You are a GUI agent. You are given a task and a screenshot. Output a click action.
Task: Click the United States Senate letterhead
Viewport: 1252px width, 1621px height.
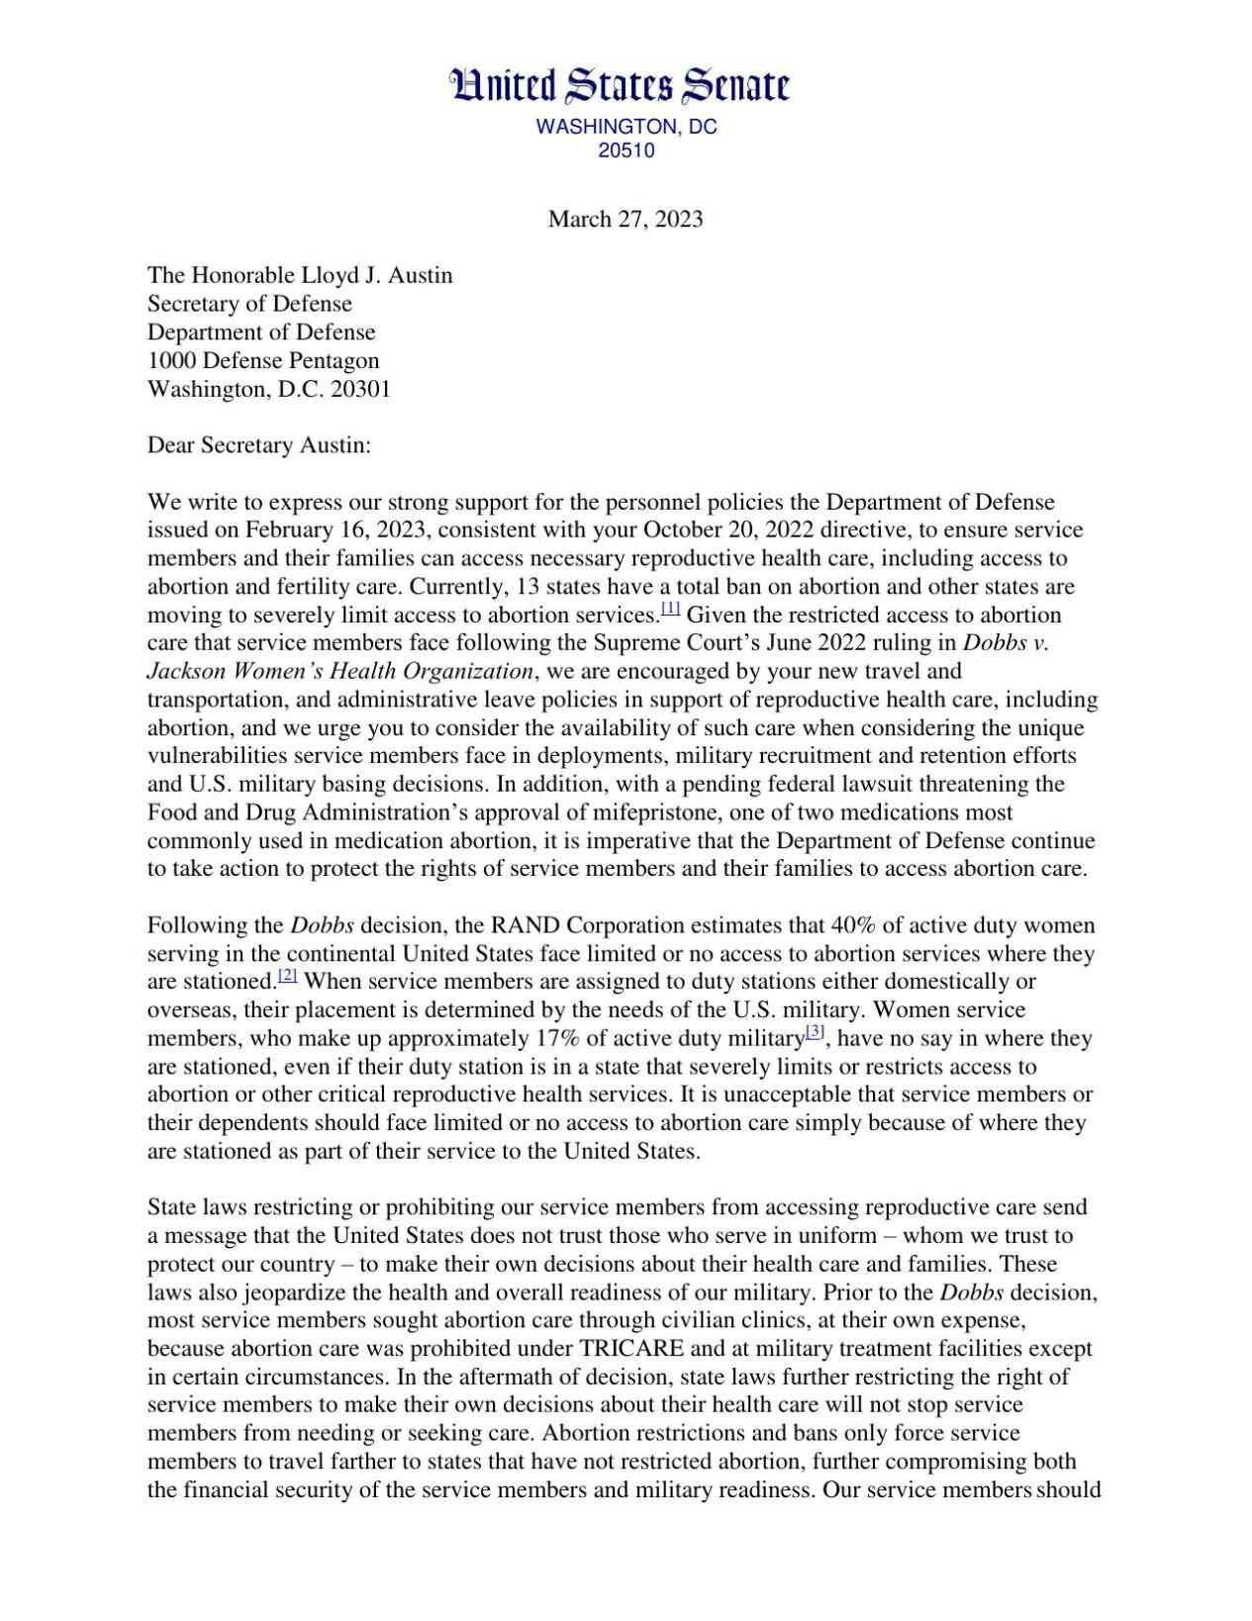click(x=621, y=87)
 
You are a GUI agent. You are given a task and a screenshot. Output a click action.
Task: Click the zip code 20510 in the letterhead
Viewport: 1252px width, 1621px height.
click(x=626, y=151)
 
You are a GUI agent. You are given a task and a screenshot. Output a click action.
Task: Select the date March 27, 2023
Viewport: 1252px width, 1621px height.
click(x=626, y=220)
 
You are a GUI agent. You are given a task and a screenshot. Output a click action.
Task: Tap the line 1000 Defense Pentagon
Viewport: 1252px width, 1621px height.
click(x=263, y=361)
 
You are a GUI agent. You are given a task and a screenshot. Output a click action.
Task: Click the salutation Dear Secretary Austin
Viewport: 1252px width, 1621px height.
click(x=258, y=445)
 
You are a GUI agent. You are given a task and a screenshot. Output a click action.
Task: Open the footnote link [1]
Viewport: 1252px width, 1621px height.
click(x=670, y=609)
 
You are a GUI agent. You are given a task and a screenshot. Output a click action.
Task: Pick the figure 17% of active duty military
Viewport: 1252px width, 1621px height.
click(x=560, y=1039)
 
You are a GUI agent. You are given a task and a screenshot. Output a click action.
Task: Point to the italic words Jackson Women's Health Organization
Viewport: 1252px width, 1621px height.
click(x=340, y=672)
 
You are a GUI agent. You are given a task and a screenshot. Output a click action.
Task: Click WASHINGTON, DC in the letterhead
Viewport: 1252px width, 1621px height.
click(x=626, y=128)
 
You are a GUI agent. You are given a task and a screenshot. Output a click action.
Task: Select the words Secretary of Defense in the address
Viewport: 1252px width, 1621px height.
click(x=249, y=304)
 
